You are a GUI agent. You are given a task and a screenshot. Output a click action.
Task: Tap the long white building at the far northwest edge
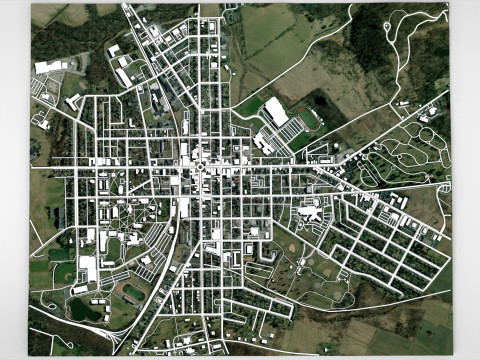pos(49,67)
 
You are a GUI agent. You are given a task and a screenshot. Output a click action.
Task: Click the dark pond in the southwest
pos(84,309)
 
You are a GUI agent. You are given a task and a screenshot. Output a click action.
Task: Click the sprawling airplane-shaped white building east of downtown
pos(312,211)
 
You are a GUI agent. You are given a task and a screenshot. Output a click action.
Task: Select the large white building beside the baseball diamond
pos(88,267)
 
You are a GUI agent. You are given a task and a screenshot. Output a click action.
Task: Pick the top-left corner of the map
pos(31,4)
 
